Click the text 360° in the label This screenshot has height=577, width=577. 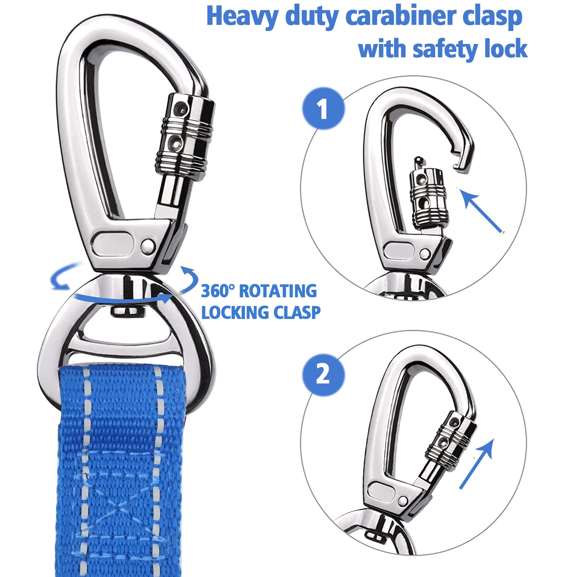218,291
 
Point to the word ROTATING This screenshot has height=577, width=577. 278,291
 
